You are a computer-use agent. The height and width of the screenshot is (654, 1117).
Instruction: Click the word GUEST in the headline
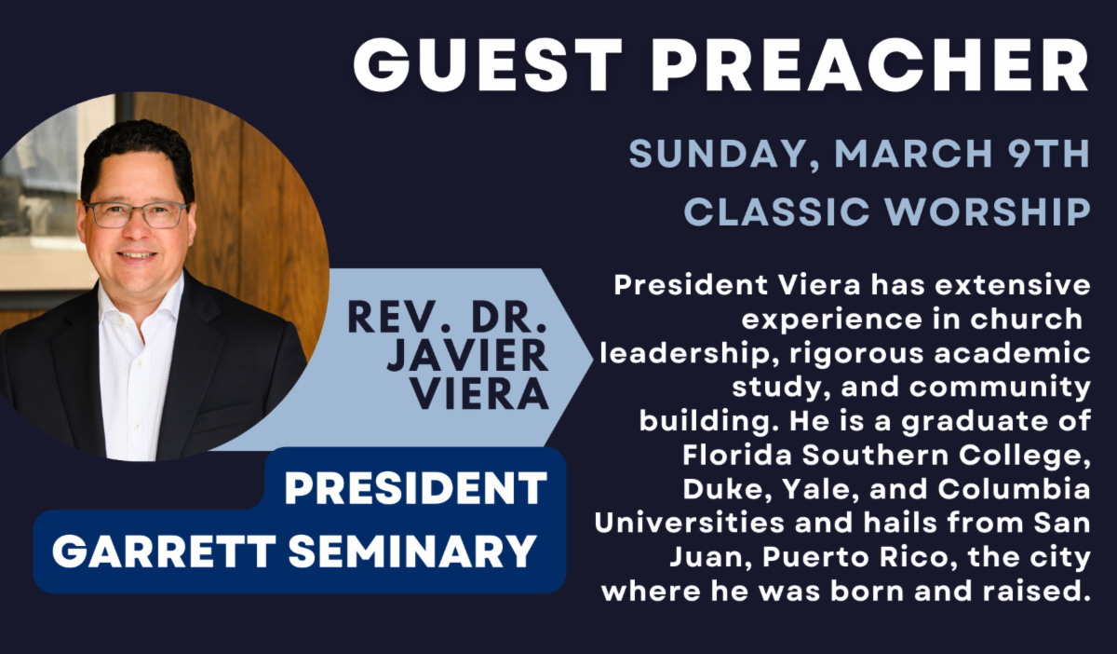coord(488,65)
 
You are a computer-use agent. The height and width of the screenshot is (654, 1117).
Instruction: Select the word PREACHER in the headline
coord(869,65)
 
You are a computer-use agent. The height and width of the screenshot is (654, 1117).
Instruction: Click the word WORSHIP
coord(988,211)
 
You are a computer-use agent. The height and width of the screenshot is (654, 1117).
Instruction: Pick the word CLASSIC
coord(777,211)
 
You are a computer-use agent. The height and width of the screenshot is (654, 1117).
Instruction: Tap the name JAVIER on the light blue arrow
coord(467,355)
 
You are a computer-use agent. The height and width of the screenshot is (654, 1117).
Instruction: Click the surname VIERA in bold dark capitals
coord(479,393)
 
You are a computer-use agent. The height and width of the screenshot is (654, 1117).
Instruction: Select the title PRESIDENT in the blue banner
coord(415,488)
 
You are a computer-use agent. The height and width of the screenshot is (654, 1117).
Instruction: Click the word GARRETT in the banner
coord(164,552)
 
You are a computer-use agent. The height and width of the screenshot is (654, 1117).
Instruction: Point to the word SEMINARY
coord(411,552)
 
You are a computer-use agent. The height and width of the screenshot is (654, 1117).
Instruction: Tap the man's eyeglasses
coord(136,214)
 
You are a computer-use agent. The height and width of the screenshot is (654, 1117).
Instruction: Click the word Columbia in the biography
coord(1014,489)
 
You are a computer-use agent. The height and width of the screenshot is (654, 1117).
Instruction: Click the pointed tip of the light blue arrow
coord(592,359)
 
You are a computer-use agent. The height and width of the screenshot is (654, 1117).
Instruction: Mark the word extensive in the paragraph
coord(1013,286)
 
